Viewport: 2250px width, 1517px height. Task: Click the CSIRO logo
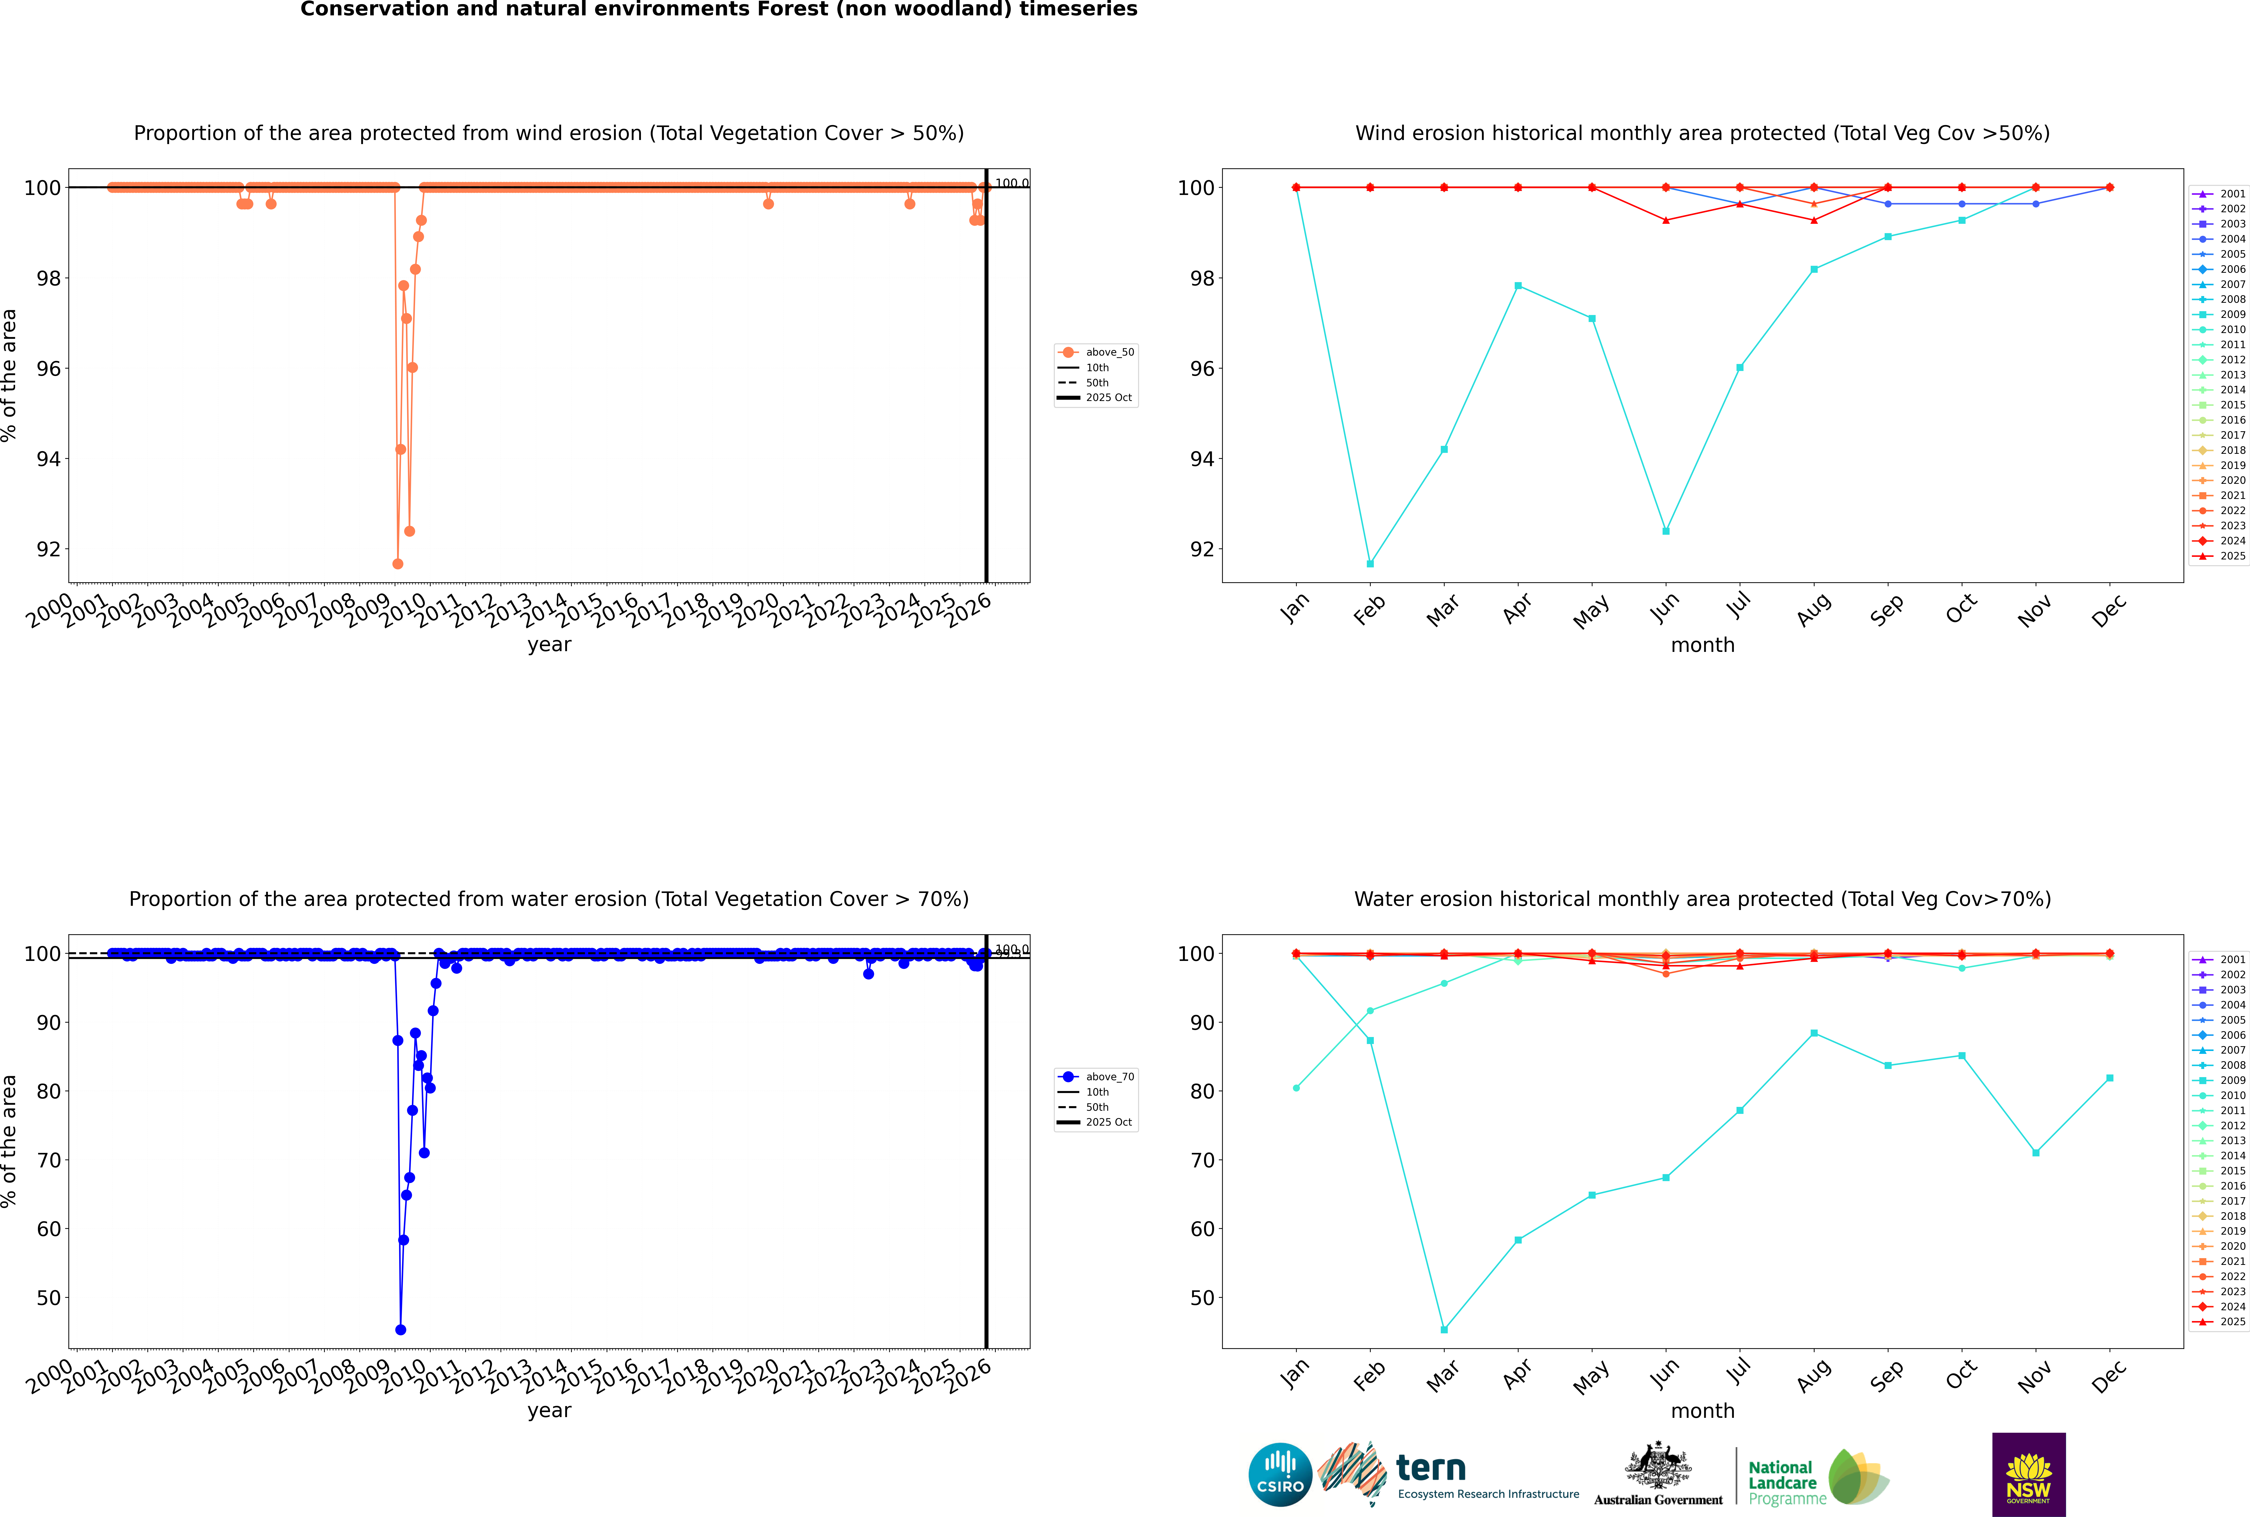coord(1280,1475)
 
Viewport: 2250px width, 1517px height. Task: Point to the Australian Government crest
coord(1658,1466)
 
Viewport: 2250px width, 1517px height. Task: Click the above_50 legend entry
coord(1109,352)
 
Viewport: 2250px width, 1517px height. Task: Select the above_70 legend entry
coord(1109,1077)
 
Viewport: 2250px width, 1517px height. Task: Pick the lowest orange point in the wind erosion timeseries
coord(398,564)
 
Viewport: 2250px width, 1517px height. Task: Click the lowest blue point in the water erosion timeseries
coord(400,1330)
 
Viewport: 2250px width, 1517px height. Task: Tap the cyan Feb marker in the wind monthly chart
coord(1370,564)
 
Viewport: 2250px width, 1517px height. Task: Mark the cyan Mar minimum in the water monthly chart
coord(1444,1330)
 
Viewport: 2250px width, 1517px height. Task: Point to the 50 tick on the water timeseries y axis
coord(48,1298)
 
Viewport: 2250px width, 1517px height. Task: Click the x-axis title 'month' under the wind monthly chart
coord(1702,645)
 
